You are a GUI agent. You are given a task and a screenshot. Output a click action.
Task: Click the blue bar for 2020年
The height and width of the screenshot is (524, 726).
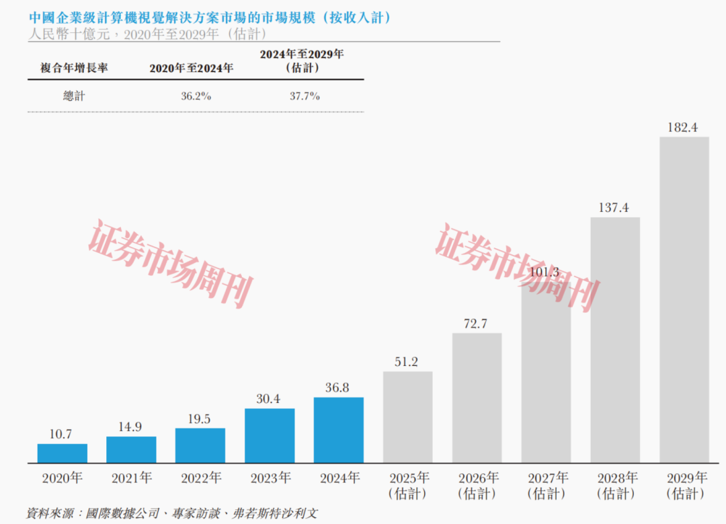tap(62, 453)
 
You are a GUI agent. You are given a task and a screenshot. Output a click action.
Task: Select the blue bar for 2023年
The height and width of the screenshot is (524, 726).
tap(270, 435)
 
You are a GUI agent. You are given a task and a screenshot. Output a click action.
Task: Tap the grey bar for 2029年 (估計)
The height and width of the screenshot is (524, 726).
tap(684, 300)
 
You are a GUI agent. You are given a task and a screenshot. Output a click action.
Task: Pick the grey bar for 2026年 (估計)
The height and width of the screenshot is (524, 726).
tap(477, 398)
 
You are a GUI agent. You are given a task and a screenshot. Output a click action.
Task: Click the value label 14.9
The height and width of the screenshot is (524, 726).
tap(131, 426)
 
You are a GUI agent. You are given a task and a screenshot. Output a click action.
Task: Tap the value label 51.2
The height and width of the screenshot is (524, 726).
tap(407, 362)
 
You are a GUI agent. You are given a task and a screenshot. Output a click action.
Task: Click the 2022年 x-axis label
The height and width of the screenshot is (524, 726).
tap(200, 479)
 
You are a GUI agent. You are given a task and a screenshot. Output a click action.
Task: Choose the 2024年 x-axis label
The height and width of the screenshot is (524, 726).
tap(339, 479)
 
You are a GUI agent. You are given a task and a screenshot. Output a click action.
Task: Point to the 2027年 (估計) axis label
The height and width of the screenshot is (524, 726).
tap(546, 486)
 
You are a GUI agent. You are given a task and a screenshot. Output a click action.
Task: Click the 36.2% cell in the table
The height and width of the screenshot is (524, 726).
tap(196, 96)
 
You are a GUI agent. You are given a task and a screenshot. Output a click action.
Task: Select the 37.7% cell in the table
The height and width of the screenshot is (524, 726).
tap(305, 96)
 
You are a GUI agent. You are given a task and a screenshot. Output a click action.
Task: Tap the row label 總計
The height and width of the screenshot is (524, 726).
tap(74, 96)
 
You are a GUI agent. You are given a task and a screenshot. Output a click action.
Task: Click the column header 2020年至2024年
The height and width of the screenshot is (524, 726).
tap(192, 68)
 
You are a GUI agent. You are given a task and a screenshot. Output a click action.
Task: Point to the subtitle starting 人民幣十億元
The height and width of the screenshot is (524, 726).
tap(148, 34)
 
